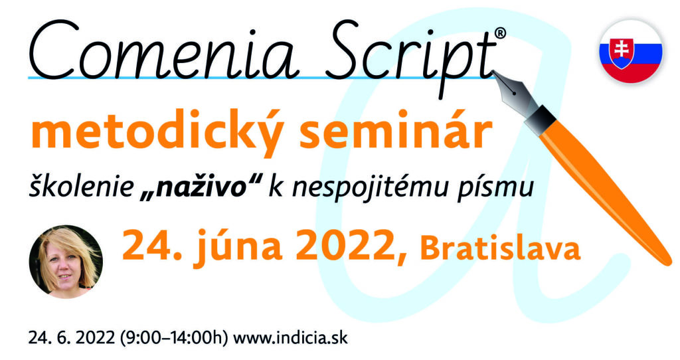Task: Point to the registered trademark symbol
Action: pyautogui.click(x=500, y=33)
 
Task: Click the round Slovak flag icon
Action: pyautogui.click(x=631, y=51)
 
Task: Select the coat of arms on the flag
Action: pyautogui.click(x=622, y=53)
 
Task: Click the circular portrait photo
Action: pyautogui.click(x=66, y=262)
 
